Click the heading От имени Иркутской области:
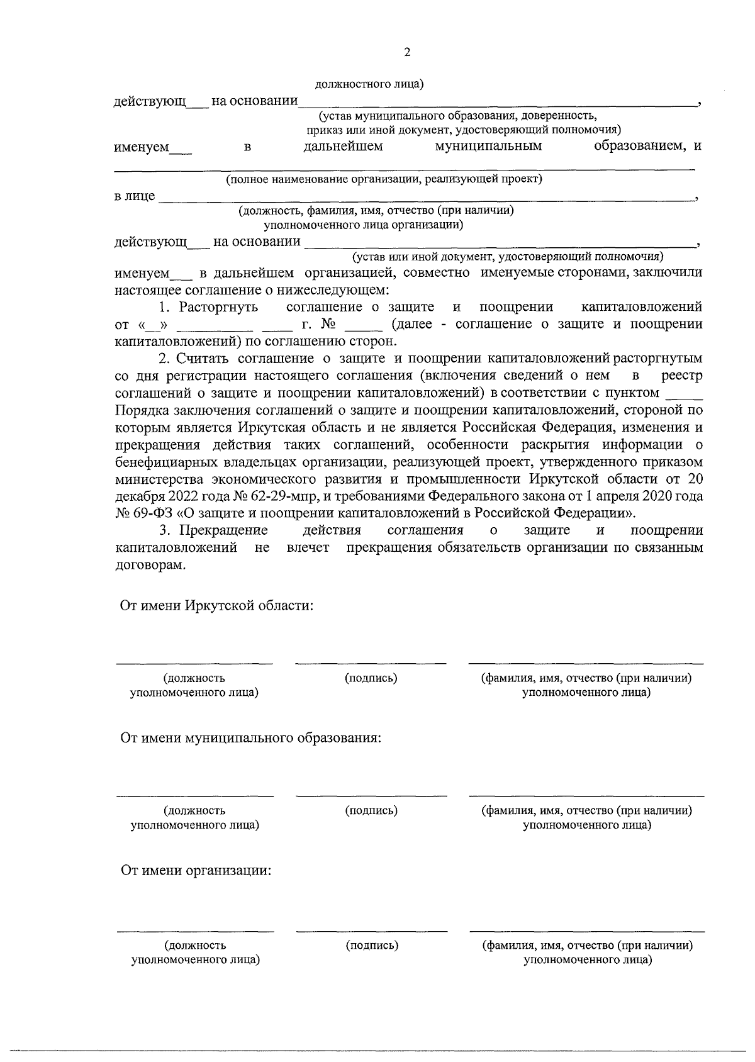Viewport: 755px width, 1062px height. [217, 606]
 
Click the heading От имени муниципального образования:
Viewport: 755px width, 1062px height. [251, 737]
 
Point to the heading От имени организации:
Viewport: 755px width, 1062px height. [196, 871]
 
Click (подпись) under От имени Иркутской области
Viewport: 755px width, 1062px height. [371, 678]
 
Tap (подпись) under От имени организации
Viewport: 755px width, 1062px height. [372, 945]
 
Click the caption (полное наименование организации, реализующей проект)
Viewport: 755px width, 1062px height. [384, 179]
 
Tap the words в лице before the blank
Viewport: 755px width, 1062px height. [134, 196]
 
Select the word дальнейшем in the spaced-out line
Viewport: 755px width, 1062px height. [343, 147]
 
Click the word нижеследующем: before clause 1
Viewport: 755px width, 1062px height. [333, 290]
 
